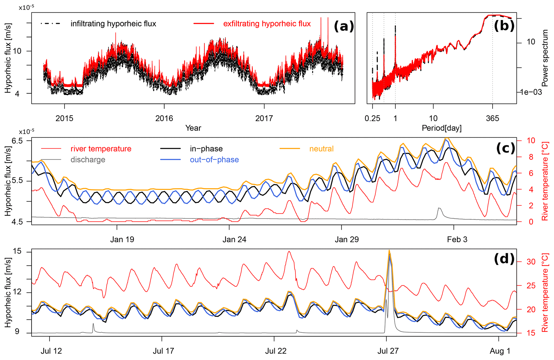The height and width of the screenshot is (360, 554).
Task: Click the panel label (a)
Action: [x=344, y=27]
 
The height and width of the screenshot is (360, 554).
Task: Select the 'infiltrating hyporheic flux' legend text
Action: [x=113, y=24]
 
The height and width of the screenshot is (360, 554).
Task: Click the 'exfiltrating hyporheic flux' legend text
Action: [x=267, y=24]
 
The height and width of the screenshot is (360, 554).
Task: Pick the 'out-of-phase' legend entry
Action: [x=214, y=160]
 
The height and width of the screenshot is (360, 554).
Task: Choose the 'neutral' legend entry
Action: [x=321, y=149]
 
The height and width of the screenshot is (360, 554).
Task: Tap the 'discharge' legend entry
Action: [x=88, y=160]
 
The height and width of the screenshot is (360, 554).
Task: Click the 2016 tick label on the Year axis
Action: [x=164, y=118]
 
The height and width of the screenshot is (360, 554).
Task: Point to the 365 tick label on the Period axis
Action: [x=492, y=118]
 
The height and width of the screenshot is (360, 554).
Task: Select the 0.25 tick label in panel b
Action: [x=372, y=118]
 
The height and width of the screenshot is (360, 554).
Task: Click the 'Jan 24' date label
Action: [x=234, y=239]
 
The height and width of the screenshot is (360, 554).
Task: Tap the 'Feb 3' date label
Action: [x=457, y=239]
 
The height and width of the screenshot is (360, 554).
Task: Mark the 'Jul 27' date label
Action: [x=388, y=351]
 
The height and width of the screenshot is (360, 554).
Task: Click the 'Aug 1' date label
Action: [x=500, y=351]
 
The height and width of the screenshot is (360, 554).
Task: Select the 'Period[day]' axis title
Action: [x=441, y=128]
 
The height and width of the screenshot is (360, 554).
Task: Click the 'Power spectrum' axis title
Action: [x=545, y=58]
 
